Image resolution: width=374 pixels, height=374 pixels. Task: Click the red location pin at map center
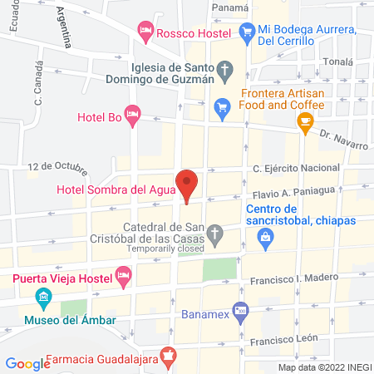point(187,184)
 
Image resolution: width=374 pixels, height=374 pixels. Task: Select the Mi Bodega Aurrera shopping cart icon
point(246,31)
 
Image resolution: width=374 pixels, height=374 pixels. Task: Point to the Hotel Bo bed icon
point(131,112)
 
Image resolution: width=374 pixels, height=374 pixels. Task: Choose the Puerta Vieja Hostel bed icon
point(123,273)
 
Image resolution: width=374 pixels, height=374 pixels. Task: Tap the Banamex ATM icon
point(240,310)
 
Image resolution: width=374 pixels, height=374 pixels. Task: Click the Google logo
point(27,363)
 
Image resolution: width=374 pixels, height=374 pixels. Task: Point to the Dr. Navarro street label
point(342,140)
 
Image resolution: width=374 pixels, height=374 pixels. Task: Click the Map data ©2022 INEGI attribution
point(323,367)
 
